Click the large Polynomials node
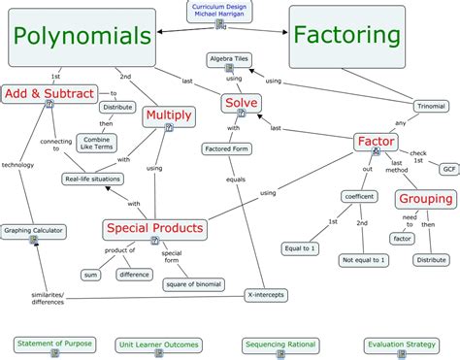pos(82,36)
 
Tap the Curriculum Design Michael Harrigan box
pos(218,11)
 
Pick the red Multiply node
pos(169,116)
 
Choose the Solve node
pos(241,102)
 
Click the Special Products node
pos(154,228)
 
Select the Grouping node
pos(425,199)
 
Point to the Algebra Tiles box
pos(228,59)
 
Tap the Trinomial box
pos(430,104)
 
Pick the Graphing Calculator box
pos(32,231)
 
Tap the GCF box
pos(448,169)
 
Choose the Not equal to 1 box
pos(362,260)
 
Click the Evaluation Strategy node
pos(401,344)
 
